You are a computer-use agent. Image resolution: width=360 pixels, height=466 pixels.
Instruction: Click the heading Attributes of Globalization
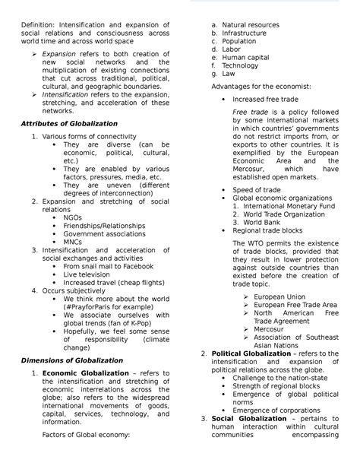pyautogui.click(x=69, y=123)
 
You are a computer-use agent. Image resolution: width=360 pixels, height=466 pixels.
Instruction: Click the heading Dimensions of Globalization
pyautogui.click(x=72, y=360)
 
